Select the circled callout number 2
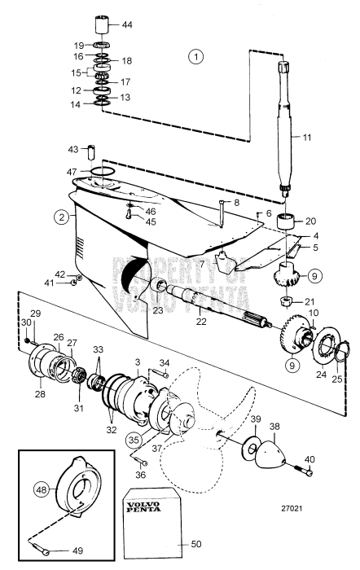(60, 217)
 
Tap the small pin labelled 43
(94, 152)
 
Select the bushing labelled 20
(288, 221)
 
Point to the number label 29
(34, 313)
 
